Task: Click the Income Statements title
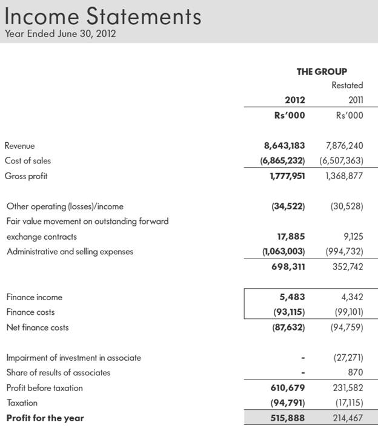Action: tap(102, 16)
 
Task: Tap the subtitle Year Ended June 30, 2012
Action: tap(60, 33)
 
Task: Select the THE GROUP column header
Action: tap(322, 71)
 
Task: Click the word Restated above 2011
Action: tap(347, 85)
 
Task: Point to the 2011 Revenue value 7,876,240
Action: tap(344, 145)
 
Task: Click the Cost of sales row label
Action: tap(28, 160)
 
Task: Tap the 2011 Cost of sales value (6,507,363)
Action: tap(341, 160)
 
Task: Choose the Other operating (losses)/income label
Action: tap(65, 206)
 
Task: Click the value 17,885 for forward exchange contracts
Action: tap(291, 237)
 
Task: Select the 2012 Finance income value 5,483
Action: tap(293, 297)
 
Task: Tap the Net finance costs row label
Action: tap(38, 327)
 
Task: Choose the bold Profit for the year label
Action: tap(45, 418)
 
